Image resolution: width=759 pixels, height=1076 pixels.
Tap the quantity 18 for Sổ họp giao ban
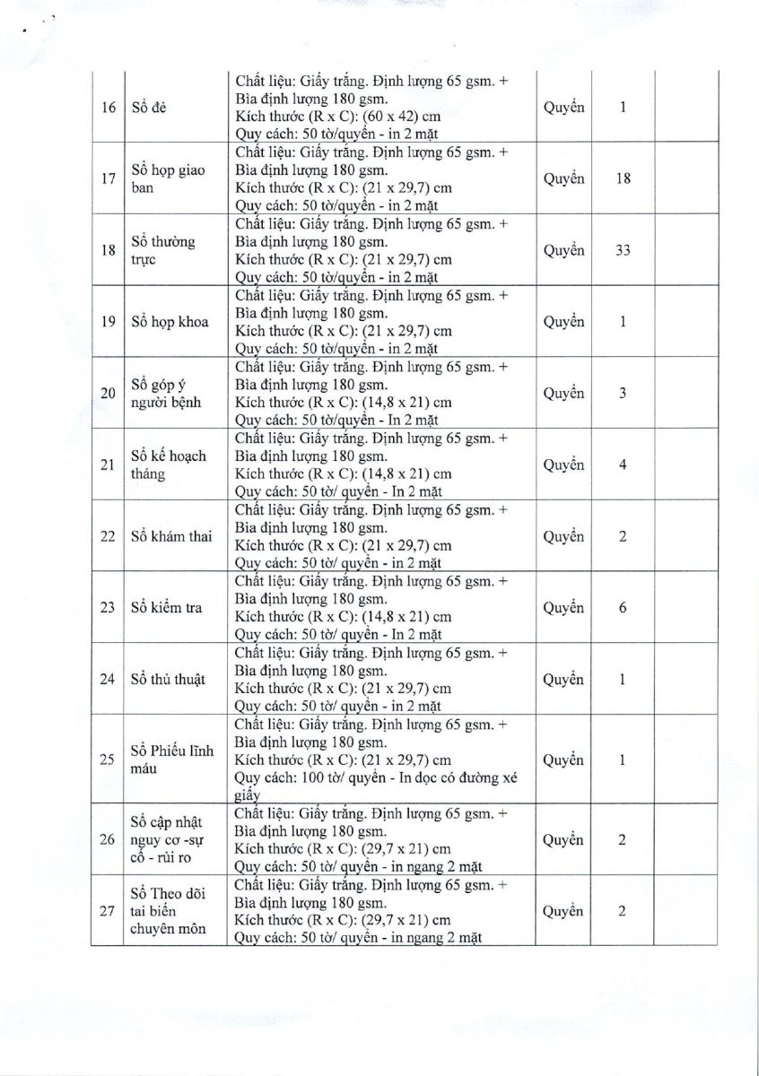point(623,178)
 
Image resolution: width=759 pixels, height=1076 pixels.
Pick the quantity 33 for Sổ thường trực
point(623,250)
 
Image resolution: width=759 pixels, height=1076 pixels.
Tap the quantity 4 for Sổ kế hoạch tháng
point(623,465)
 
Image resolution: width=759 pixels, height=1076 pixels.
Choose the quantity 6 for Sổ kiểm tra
point(623,608)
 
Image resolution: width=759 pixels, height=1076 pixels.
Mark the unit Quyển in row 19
point(563,322)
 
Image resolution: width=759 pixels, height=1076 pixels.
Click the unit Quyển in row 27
point(563,911)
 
